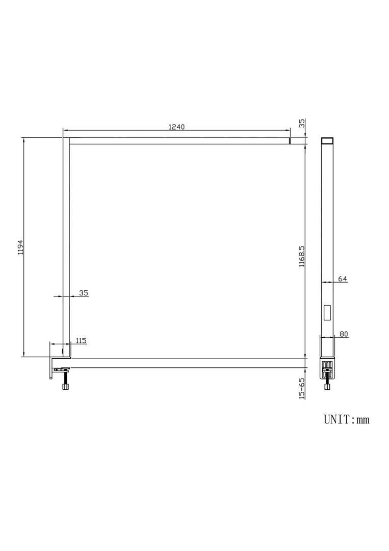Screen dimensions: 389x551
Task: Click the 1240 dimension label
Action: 176,127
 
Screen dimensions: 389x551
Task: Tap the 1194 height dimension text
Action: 21,247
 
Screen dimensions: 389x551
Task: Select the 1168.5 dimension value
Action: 302,257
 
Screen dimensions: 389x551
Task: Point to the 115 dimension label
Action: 81,340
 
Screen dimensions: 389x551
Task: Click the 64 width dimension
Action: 342,279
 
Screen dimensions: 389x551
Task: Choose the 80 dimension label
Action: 344,334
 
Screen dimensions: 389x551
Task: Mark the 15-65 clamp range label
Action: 302,388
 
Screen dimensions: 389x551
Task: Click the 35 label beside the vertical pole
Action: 84,293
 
